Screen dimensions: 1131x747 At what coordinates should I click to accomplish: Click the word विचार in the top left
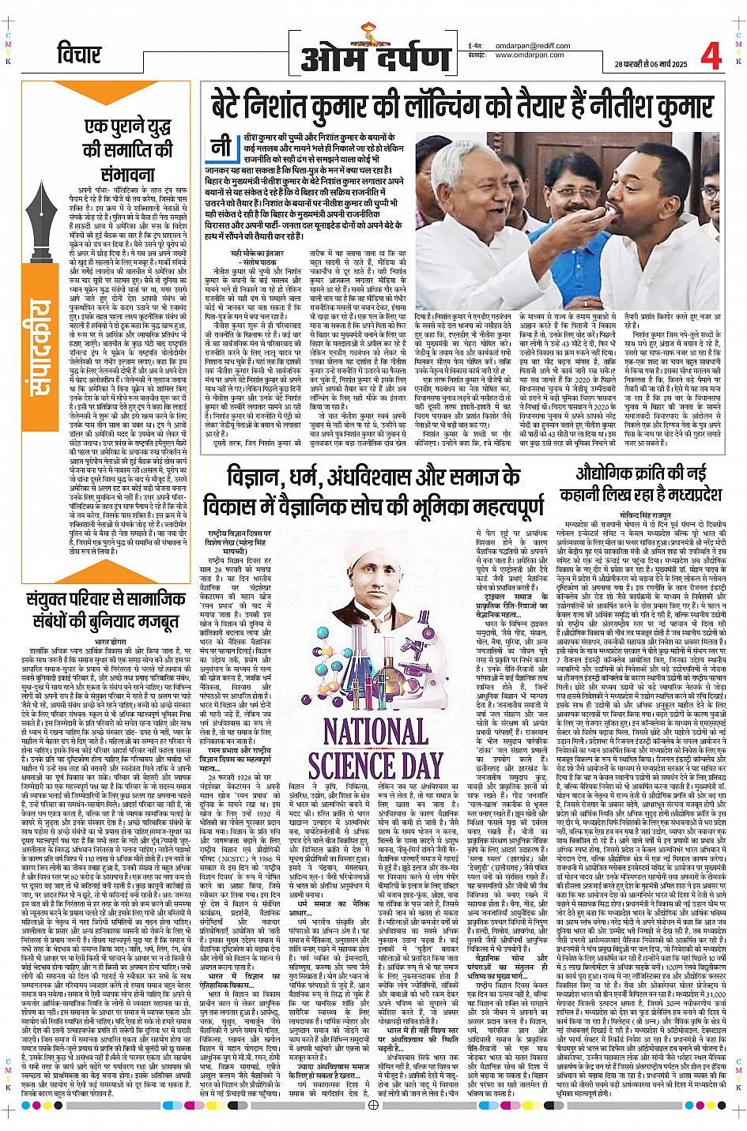click(79, 55)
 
